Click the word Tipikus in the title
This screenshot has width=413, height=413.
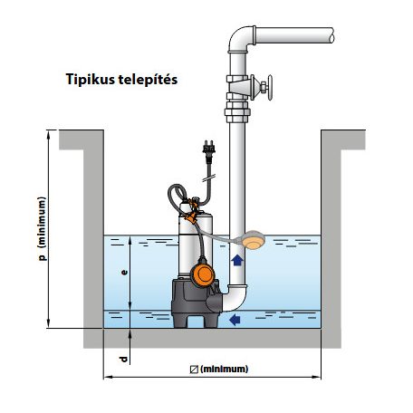(x=91, y=80)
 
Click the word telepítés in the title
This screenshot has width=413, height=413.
(x=148, y=79)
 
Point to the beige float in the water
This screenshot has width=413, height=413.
(x=254, y=240)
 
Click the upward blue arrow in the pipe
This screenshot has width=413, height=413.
(x=237, y=260)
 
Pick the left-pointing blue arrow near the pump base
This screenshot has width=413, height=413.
(x=235, y=320)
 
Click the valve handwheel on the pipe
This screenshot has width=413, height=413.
(x=270, y=88)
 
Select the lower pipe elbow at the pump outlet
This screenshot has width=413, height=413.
(x=236, y=300)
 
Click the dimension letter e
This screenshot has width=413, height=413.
(x=124, y=273)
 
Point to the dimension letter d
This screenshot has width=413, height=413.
(x=123, y=360)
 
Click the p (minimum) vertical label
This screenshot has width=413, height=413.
(x=43, y=228)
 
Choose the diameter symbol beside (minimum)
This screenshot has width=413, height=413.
(x=194, y=370)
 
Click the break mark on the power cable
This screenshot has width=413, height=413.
(x=209, y=178)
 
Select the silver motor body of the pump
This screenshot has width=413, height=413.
(x=196, y=238)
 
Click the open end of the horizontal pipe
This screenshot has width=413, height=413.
(x=331, y=35)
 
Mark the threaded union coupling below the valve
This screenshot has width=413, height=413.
(x=237, y=112)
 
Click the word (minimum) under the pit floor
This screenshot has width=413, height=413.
(x=224, y=369)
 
